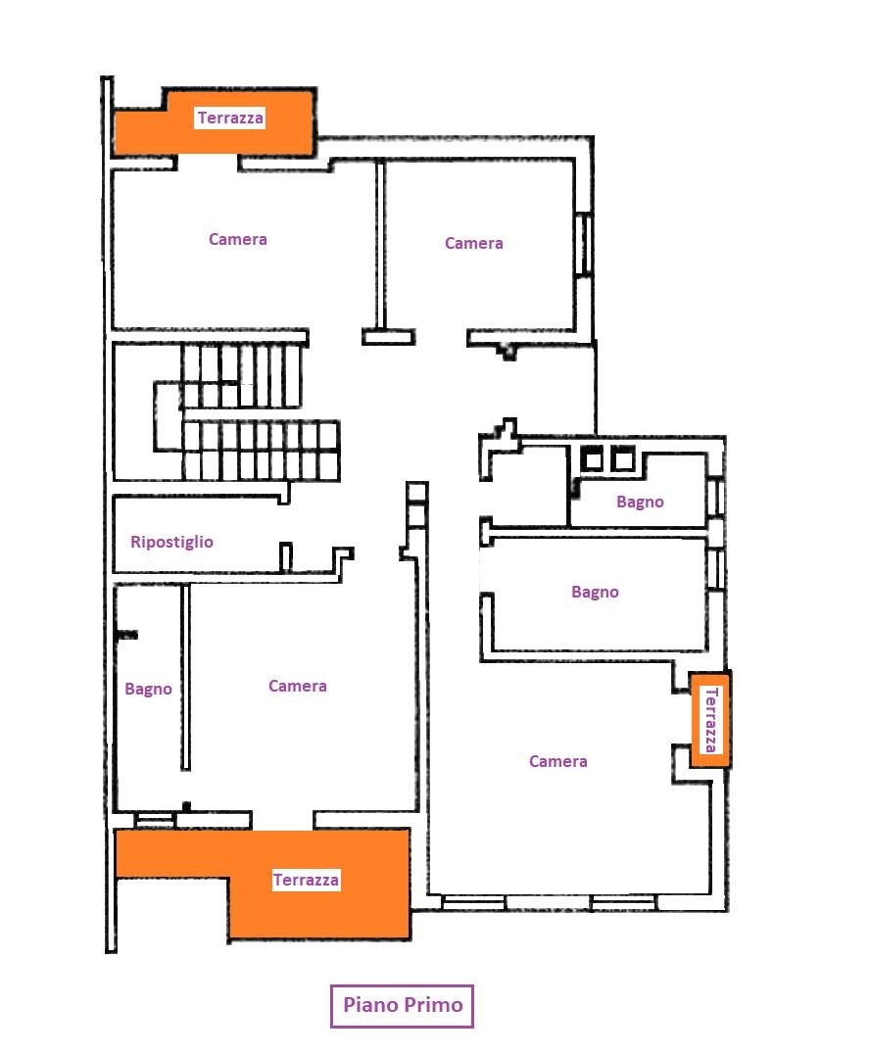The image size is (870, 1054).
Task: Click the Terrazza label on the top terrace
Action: (230, 119)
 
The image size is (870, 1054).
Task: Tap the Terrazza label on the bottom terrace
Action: (306, 880)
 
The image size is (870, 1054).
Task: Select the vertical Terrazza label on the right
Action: (710, 720)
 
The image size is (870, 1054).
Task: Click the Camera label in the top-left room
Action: (238, 239)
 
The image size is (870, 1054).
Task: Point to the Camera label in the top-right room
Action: (474, 243)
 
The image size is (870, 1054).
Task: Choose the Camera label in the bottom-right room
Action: (558, 761)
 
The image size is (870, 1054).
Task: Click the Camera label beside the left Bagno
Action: (297, 687)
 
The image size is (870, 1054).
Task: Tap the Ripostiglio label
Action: (172, 543)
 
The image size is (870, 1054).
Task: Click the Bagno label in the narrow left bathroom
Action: (149, 690)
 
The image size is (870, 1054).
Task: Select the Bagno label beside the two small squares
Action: (640, 503)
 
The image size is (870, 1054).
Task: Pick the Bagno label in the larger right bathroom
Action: (595, 593)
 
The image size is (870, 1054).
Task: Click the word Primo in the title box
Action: (433, 1005)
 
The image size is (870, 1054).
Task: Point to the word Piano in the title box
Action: (370, 1005)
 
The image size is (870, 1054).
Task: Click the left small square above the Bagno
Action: (592, 459)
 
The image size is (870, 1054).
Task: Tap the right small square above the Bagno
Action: (622, 459)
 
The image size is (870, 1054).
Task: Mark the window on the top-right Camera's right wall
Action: (584, 243)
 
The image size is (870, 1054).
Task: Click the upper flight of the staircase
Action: (240, 376)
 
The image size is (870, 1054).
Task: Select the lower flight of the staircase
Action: (261, 451)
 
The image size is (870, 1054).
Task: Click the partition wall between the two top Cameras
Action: (380, 245)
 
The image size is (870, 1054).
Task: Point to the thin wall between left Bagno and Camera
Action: (185, 677)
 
